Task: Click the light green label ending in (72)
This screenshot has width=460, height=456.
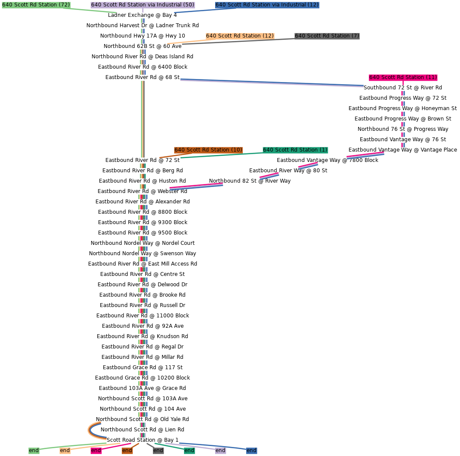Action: (x=36, y=5)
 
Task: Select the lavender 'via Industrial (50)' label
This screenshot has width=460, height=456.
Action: (x=143, y=5)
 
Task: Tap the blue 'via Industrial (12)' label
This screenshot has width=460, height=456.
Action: (x=267, y=5)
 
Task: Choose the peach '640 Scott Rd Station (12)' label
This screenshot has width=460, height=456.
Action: (x=240, y=36)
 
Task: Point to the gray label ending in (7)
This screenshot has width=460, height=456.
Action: (x=327, y=36)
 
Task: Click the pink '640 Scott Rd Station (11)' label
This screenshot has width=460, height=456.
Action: (x=403, y=77)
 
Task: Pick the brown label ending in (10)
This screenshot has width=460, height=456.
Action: (x=208, y=150)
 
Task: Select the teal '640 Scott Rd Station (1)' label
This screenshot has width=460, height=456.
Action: (x=295, y=150)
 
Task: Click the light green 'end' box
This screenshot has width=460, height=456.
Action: (x=34, y=450)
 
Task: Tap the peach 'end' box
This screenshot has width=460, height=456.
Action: (x=65, y=450)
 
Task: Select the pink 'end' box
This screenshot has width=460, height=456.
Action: (x=96, y=450)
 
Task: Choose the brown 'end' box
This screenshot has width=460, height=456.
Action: (x=127, y=450)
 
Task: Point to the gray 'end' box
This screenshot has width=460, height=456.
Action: (x=158, y=450)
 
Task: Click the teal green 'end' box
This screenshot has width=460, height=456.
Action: (x=189, y=450)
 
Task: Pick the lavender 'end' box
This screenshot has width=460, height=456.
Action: (x=220, y=450)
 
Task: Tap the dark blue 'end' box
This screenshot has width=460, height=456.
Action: (x=251, y=450)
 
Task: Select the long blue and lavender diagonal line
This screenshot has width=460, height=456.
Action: (x=272, y=83)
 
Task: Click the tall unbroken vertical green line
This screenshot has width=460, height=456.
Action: (x=143, y=119)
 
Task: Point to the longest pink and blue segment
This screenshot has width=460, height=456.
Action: (x=196, y=186)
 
